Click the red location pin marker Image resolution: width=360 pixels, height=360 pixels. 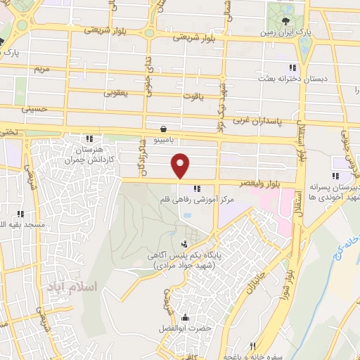click(x=181, y=165)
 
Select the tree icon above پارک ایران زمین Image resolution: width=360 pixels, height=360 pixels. click(x=285, y=20)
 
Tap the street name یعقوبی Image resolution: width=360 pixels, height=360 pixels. click(x=119, y=92)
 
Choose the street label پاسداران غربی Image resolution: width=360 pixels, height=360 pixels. click(x=259, y=121)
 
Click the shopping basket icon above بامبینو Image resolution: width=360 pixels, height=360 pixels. click(x=164, y=129)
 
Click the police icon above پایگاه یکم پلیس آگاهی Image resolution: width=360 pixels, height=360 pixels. click(x=184, y=244)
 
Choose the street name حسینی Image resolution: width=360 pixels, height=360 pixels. click(x=34, y=109)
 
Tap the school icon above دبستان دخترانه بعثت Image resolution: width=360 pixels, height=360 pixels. click(x=292, y=67)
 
